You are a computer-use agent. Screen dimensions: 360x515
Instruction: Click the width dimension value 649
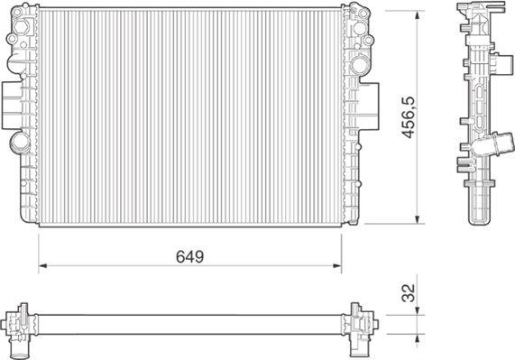[x=190, y=256]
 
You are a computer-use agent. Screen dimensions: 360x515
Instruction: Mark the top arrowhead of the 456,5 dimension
[x=418, y=14]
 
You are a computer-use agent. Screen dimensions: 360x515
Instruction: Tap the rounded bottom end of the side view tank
[x=478, y=217]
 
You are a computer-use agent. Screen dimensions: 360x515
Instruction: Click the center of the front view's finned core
[x=190, y=117]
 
